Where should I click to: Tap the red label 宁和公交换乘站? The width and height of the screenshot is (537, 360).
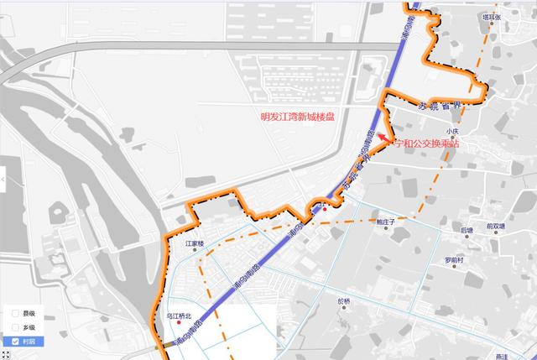pos(427,144)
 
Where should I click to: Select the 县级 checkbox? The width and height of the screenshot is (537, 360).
pos(15,313)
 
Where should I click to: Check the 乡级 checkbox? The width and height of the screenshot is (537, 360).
pos(15,327)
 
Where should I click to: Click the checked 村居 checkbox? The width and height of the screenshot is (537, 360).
pos(15,342)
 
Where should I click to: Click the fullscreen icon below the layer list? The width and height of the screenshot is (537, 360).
pos(6,355)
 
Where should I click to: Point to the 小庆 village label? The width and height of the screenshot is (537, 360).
pos(453,132)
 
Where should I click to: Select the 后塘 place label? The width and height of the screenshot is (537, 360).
pos(467,229)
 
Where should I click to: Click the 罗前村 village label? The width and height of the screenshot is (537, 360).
pos(454,260)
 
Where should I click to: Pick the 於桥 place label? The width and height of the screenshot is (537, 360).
pos(344,300)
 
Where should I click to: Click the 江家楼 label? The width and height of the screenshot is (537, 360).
pos(195,244)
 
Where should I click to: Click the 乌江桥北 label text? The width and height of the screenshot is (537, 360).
pos(179,316)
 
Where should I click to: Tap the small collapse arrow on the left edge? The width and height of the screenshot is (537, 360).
pos(3,179)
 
